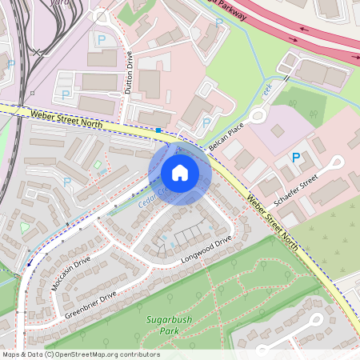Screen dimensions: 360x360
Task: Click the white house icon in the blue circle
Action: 179,173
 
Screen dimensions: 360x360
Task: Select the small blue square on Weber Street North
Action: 159,130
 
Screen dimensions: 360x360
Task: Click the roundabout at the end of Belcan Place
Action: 258,116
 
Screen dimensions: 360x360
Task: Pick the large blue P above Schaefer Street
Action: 296,158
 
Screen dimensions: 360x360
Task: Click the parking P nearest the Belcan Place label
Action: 206,122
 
